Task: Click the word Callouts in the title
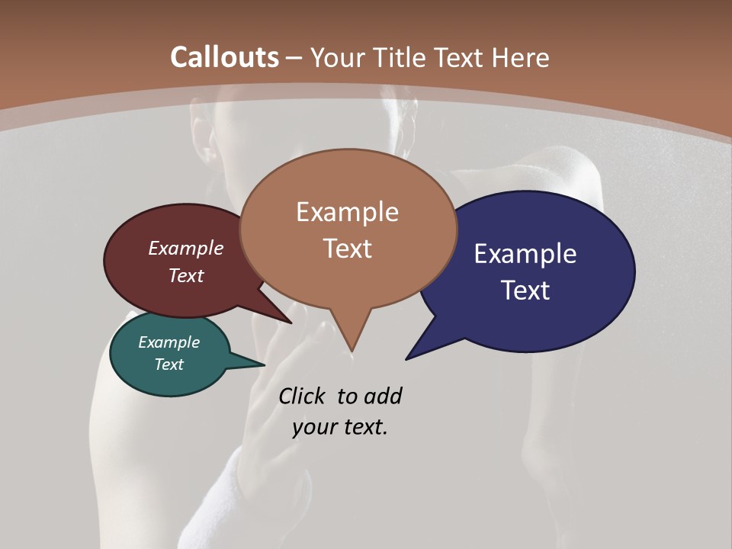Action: coord(224,57)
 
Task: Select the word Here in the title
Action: coord(518,57)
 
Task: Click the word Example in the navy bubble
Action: coord(525,254)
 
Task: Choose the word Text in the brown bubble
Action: coord(348,249)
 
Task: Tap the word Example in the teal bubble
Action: coord(169,342)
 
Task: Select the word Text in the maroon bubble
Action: coord(186,275)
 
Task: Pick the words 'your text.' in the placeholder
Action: coord(340,427)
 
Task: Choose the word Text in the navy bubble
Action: coord(526,291)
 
